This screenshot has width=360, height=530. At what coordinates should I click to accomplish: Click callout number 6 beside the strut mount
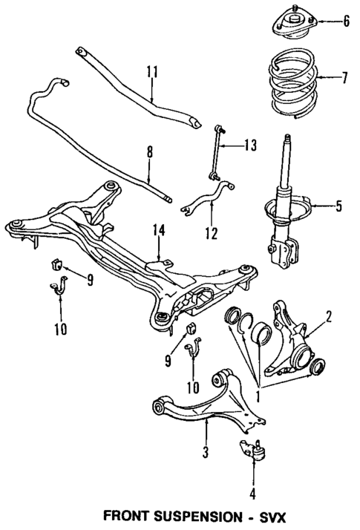click(x=346, y=21)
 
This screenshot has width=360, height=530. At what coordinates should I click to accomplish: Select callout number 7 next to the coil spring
click(x=344, y=76)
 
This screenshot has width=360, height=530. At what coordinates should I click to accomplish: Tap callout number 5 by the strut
click(x=338, y=206)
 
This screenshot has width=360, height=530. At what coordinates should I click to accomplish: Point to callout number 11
click(x=152, y=72)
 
